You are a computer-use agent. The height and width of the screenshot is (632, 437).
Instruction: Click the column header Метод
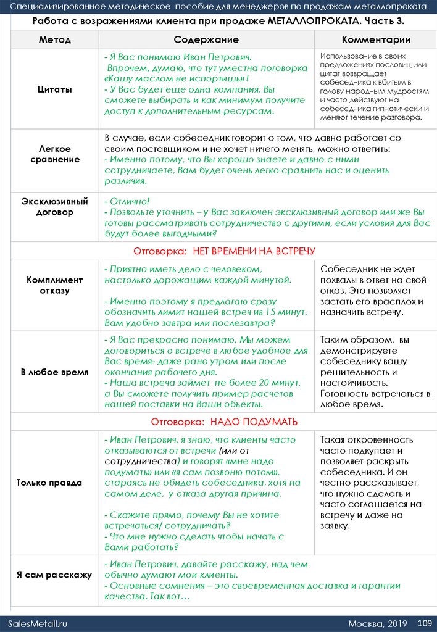click(55, 39)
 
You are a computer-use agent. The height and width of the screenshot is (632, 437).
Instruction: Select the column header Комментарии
click(376, 39)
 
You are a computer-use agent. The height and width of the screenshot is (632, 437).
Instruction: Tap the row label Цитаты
click(55, 89)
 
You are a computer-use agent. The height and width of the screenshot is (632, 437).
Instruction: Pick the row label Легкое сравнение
click(55, 154)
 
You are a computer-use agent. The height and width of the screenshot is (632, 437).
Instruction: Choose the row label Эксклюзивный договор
click(55, 207)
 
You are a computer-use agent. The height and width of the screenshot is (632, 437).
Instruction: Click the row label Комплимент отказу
click(55, 285)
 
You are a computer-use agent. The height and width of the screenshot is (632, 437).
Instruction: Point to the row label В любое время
click(55, 372)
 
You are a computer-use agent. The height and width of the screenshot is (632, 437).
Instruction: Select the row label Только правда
click(55, 483)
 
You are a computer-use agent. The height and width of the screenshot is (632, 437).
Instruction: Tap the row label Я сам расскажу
click(55, 575)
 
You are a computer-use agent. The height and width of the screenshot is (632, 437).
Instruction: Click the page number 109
click(425, 623)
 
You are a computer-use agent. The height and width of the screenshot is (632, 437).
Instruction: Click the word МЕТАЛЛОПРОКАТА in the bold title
click(309, 21)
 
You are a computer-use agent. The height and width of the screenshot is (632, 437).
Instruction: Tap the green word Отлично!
click(130, 201)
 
